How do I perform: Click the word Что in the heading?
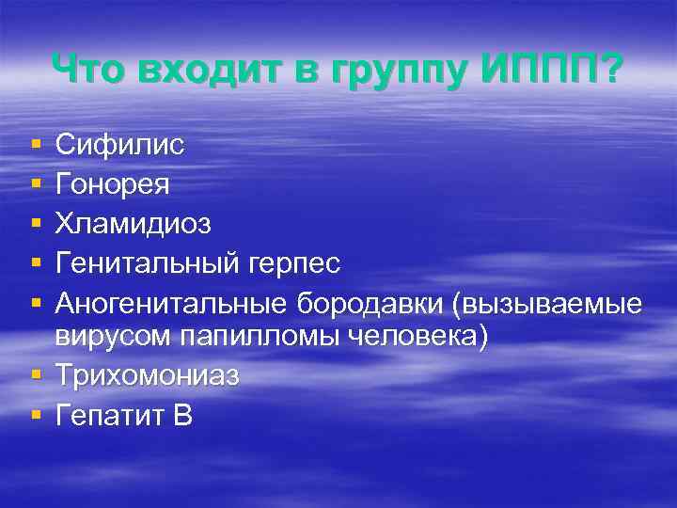(90, 69)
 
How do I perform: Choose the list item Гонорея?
(113, 183)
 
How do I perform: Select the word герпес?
(297, 264)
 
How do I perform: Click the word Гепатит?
(108, 414)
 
